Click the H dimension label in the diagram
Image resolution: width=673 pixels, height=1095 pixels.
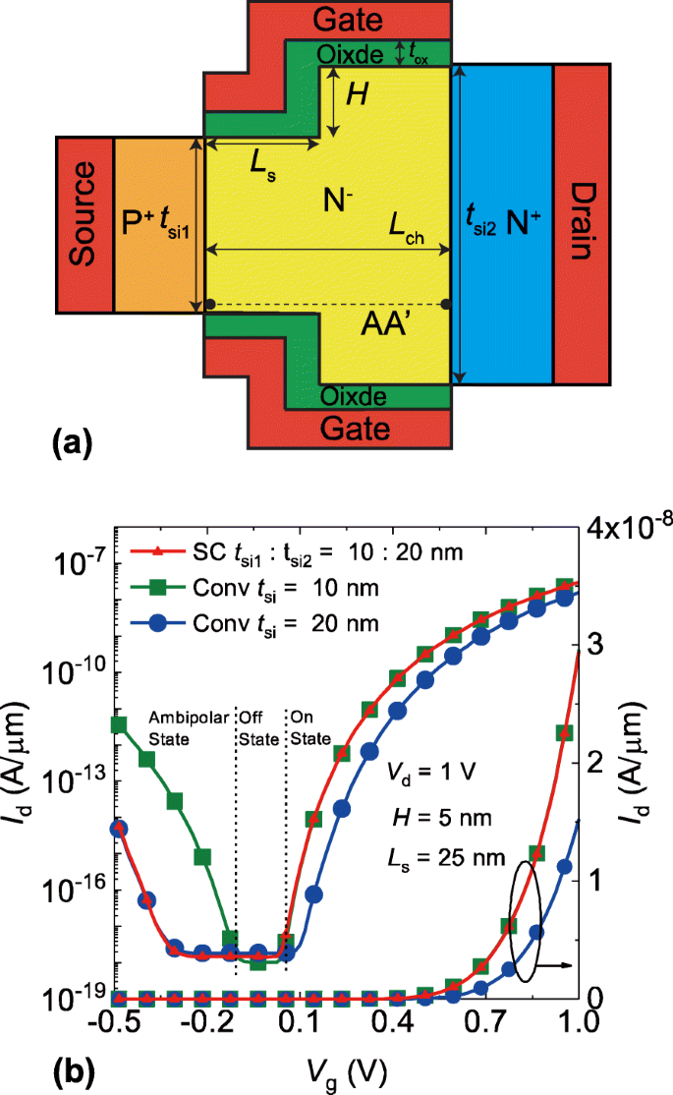359,95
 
